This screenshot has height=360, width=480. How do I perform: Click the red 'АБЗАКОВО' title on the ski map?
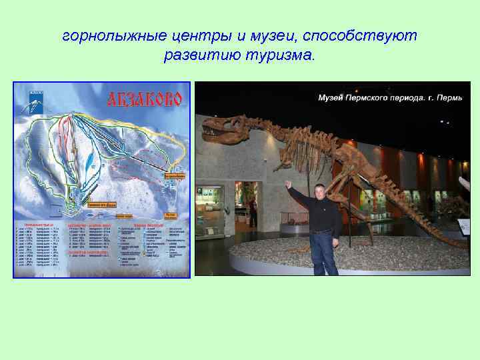tap(145, 100)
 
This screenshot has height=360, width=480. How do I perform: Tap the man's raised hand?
tap(288, 184)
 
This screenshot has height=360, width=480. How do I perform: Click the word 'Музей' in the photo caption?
tap(331, 99)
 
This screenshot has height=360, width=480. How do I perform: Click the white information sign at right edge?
tap(464, 227)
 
